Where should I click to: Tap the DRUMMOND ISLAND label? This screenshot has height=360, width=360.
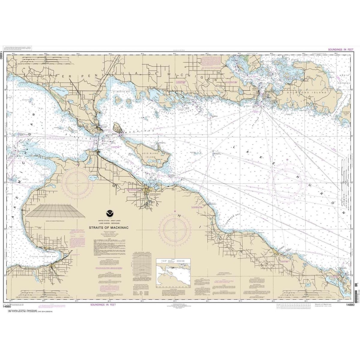(x=312, y=93)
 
